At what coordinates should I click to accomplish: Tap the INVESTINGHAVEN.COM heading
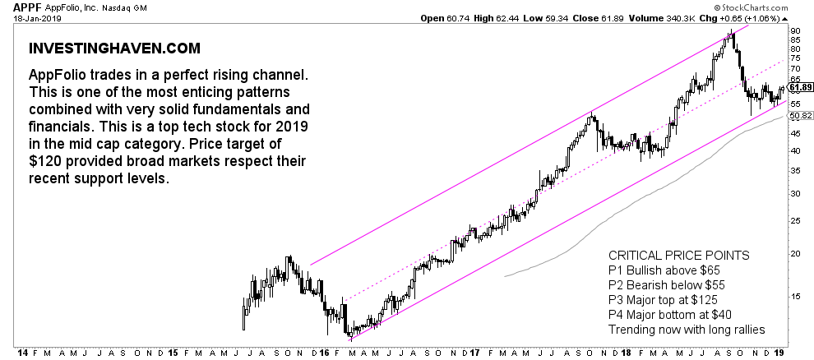pyautogui.click(x=103, y=49)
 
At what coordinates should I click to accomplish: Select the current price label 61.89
pyautogui.click(x=799, y=87)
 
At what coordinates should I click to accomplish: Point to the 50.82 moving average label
pyautogui.click(x=799, y=116)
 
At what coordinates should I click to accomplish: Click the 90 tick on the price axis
pyautogui.click(x=794, y=30)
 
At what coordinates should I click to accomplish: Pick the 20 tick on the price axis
pyautogui.click(x=794, y=253)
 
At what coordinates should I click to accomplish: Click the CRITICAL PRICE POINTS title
pyautogui.click(x=678, y=256)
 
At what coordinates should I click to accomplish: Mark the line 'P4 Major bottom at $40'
pyautogui.click(x=669, y=315)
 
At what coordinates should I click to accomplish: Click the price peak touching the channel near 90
pyautogui.click(x=730, y=34)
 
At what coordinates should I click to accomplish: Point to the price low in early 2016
pyautogui.click(x=350, y=335)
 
